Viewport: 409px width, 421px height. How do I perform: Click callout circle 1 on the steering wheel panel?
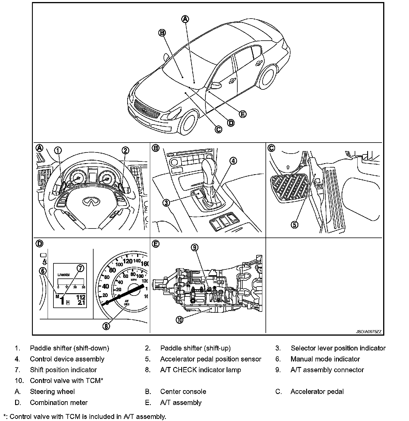(58, 150)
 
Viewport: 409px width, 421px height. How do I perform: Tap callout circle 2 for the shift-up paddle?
(125, 150)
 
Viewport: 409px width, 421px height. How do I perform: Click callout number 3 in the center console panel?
(166, 203)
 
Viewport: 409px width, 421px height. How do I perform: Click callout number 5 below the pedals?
(295, 224)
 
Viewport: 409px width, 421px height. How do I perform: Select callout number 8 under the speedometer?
(106, 326)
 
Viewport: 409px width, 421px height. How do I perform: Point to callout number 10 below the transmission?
(180, 320)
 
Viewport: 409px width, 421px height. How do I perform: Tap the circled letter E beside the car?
(242, 114)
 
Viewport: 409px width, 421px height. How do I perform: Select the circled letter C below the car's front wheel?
(218, 129)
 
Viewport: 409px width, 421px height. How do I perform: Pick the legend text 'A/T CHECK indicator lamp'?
(200, 370)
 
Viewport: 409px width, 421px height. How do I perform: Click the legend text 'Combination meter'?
(59, 402)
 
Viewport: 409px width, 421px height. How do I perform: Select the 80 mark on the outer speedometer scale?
(112, 270)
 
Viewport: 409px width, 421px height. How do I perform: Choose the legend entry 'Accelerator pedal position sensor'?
(211, 359)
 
